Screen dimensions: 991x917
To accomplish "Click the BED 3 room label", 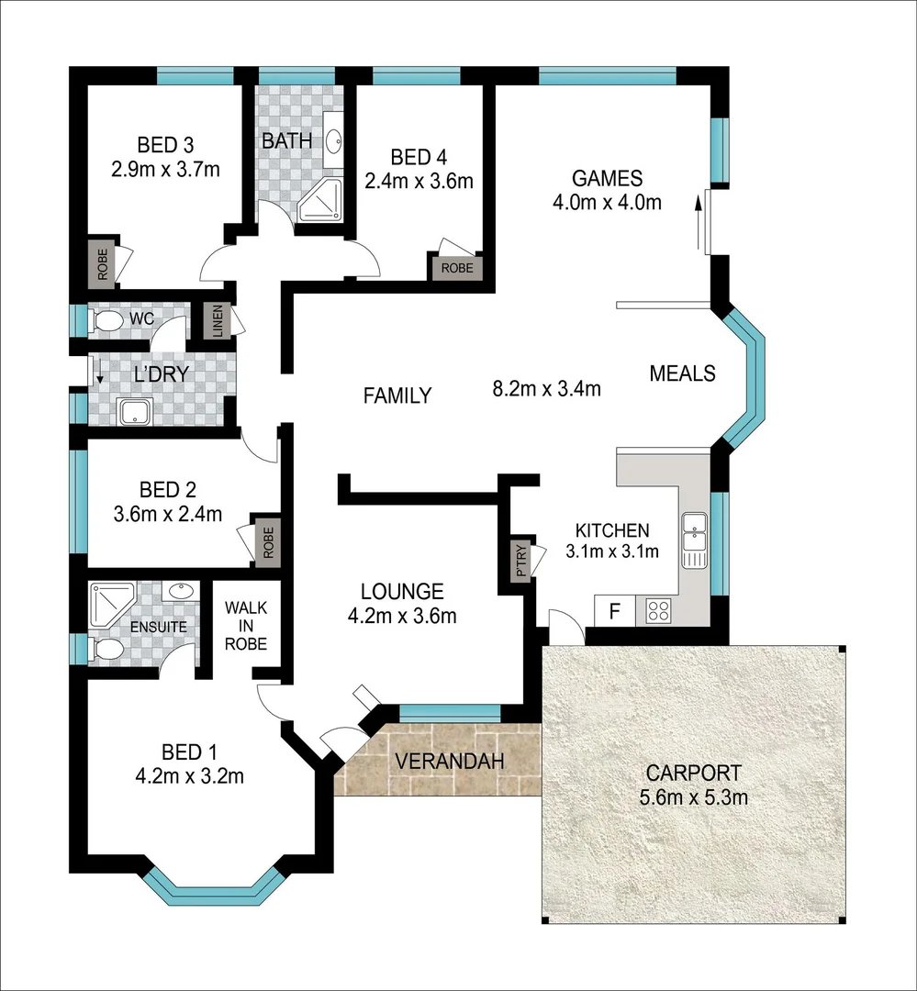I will point(165,145).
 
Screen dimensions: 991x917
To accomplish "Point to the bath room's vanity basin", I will point(333,140).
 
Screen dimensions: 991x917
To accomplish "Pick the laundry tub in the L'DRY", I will point(136,412).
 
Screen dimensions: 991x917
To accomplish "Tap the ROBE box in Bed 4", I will point(456,268).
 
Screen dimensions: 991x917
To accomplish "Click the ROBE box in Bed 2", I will point(268,541).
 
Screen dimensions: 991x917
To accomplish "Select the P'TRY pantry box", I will point(521,561).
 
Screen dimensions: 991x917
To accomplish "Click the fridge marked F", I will point(614,610).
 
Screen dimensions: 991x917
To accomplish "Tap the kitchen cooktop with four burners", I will point(657,610).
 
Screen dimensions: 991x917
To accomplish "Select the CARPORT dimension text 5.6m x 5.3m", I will point(693,797).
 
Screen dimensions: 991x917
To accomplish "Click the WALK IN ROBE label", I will point(245,626).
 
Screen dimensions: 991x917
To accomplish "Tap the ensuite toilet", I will point(107,651).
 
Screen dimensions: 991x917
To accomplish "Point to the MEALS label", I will point(682,373).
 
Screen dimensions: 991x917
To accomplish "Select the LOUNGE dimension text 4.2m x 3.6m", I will point(402,616).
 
